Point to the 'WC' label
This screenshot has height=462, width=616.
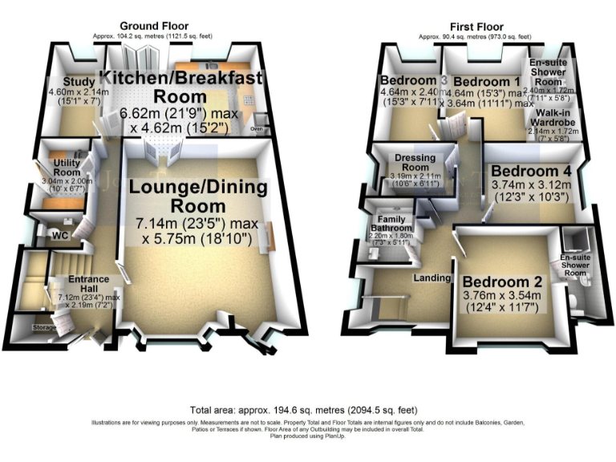(x=59, y=236)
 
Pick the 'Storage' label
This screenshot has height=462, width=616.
(x=45, y=328)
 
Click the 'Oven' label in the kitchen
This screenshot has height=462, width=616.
(x=257, y=128)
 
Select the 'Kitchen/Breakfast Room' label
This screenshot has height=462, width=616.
(x=181, y=87)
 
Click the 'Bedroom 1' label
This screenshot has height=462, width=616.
(x=486, y=81)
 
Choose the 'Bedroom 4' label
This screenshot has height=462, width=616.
(x=530, y=172)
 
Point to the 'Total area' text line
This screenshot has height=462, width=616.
(x=307, y=408)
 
